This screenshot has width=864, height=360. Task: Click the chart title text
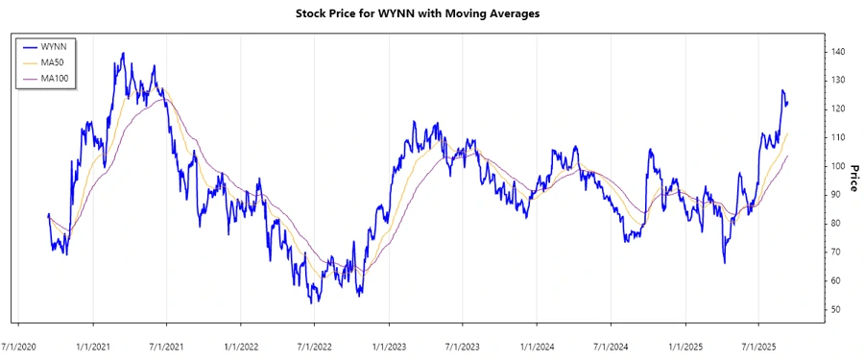click(x=432, y=14)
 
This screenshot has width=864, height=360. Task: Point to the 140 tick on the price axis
click(x=839, y=51)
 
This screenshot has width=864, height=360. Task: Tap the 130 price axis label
click(x=839, y=80)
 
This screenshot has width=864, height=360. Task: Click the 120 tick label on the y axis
click(x=839, y=108)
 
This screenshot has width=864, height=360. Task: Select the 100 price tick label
click(x=839, y=166)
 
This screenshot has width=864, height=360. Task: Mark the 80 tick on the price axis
click(x=837, y=224)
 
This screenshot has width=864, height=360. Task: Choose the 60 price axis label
click(x=837, y=280)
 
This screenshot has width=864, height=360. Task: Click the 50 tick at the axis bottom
click(x=837, y=309)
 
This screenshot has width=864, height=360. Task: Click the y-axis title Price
click(x=853, y=180)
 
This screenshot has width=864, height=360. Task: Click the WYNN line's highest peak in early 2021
click(x=123, y=53)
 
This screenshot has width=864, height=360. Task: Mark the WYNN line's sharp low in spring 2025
click(x=724, y=263)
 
